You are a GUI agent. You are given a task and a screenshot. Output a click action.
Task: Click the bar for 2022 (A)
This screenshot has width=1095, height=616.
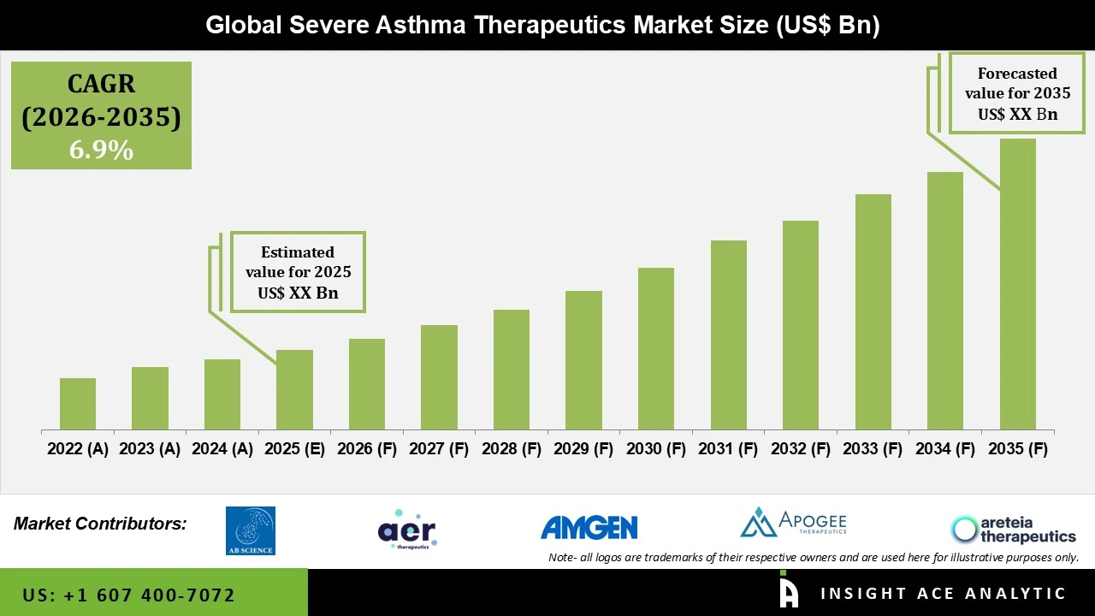(78, 404)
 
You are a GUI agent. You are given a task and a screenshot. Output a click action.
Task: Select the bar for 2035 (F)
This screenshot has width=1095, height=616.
(1017, 284)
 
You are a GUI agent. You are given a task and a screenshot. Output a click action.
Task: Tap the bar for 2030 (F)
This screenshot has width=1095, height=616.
(656, 349)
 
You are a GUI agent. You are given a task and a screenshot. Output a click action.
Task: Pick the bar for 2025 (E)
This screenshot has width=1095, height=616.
(294, 390)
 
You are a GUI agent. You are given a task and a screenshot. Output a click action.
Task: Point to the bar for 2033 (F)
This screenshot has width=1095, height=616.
(873, 312)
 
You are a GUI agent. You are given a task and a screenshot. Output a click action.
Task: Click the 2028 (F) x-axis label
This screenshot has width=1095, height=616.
(512, 449)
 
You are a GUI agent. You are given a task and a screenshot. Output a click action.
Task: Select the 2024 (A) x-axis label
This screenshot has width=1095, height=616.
(222, 449)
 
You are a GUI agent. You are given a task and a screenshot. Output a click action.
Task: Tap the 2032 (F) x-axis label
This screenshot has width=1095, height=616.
(801, 449)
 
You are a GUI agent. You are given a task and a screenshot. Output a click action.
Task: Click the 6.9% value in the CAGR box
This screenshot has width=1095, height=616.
(101, 151)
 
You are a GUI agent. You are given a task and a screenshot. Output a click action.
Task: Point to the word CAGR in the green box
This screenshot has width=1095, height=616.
(101, 84)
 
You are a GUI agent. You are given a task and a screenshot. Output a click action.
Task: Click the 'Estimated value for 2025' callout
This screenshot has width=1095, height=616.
(298, 272)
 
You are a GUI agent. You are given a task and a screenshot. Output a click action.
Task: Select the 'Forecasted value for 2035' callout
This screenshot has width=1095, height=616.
(1017, 93)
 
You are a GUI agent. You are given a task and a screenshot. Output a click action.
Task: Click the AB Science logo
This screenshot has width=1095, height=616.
(250, 530)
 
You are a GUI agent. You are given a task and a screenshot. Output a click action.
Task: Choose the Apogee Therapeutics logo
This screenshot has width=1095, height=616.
(793, 523)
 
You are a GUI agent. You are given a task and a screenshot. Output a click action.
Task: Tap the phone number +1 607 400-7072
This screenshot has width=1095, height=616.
(128, 595)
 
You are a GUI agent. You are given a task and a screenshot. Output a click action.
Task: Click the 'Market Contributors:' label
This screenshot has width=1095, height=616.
(100, 524)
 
